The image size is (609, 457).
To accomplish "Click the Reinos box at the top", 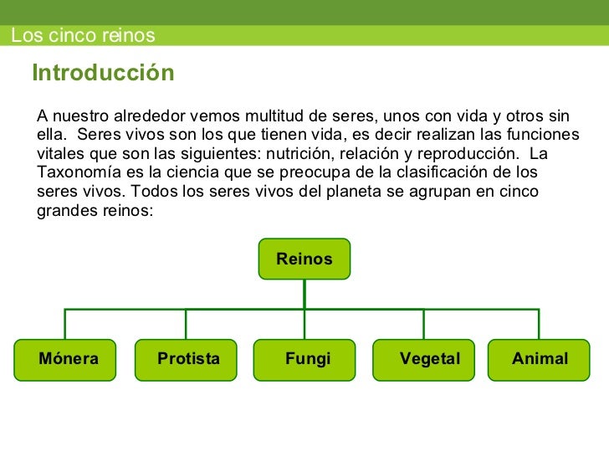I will click(x=304, y=259).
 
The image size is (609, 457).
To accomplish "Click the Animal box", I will click(x=540, y=360).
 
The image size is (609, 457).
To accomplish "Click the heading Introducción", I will click(x=103, y=74).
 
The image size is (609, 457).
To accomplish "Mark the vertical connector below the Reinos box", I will click(x=304, y=293).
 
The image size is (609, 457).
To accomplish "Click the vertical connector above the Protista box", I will click(x=186, y=324).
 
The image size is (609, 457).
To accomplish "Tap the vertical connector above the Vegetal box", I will click(x=423, y=324).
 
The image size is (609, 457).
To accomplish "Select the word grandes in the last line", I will click(x=66, y=211).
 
